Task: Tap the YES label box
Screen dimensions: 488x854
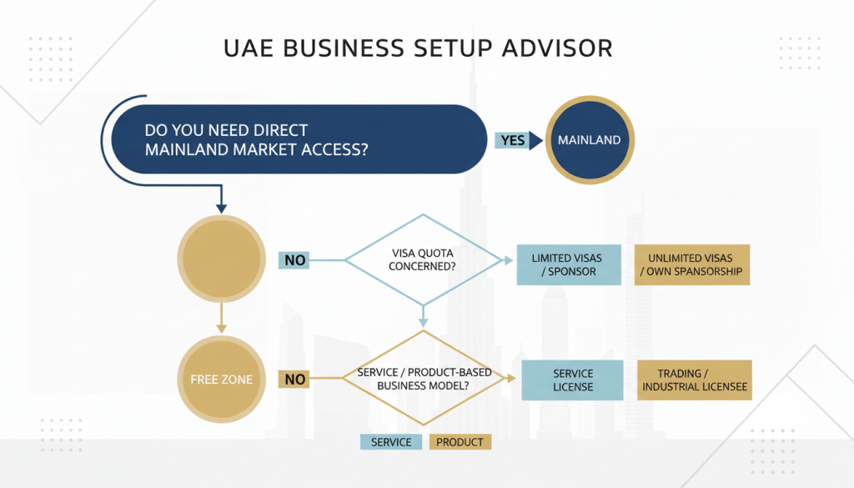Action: pos(513,140)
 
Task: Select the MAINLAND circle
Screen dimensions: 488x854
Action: pos(589,140)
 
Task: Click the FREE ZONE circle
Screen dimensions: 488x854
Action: pos(221,380)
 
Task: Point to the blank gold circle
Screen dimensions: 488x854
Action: pos(221,260)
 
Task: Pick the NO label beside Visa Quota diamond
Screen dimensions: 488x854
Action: pos(294,260)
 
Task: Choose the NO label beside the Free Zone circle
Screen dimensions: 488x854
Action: pos(294,380)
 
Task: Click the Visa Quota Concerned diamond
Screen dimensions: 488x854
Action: pos(424,260)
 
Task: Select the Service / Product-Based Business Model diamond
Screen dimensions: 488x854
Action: pos(424,379)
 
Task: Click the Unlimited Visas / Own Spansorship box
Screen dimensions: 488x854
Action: pos(691,264)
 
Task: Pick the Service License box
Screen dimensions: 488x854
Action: pos(573,380)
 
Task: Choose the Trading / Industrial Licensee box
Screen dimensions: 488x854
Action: pos(694,380)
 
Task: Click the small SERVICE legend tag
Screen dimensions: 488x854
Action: pos(391,442)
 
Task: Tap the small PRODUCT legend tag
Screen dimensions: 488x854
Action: pos(460,442)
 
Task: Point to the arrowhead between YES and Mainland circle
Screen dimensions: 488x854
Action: pos(535,140)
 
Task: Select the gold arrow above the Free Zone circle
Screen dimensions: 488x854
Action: pos(221,321)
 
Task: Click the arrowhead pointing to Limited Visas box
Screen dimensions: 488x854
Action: pos(509,260)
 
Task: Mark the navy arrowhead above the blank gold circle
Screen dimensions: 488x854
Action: pos(221,207)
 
